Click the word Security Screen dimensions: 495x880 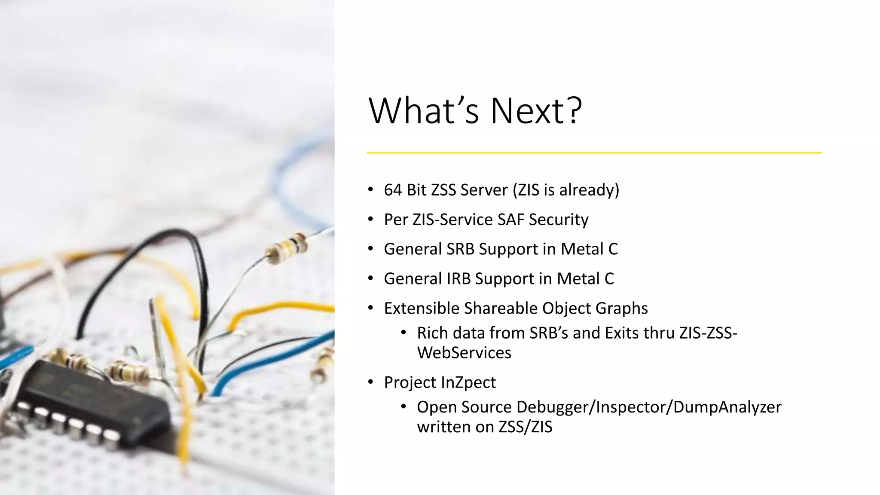pos(559,220)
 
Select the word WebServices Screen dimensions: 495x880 pos(464,353)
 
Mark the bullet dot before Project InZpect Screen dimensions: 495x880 pos(370,382)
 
